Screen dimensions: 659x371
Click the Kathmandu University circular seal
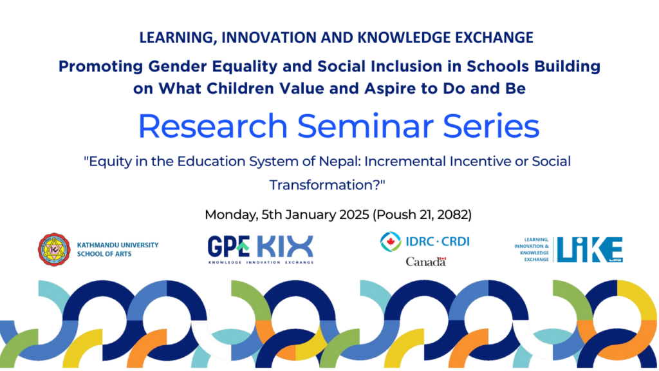[54, 249]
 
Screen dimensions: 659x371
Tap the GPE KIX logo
[261, 249]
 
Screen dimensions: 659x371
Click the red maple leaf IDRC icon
[391, 242]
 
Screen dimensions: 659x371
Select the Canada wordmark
[426, 262]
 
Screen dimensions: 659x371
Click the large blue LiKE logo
[589, 249]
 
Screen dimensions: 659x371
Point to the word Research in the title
[212, 126]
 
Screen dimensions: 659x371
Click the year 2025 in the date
[354, 214]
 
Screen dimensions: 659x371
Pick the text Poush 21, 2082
[422, 214]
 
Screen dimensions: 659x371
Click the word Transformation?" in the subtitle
[327, 185]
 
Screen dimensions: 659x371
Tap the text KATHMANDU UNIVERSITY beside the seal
[118, 245]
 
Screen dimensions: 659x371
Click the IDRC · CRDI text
[438, 242]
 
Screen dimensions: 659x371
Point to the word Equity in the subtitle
[108, 162]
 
